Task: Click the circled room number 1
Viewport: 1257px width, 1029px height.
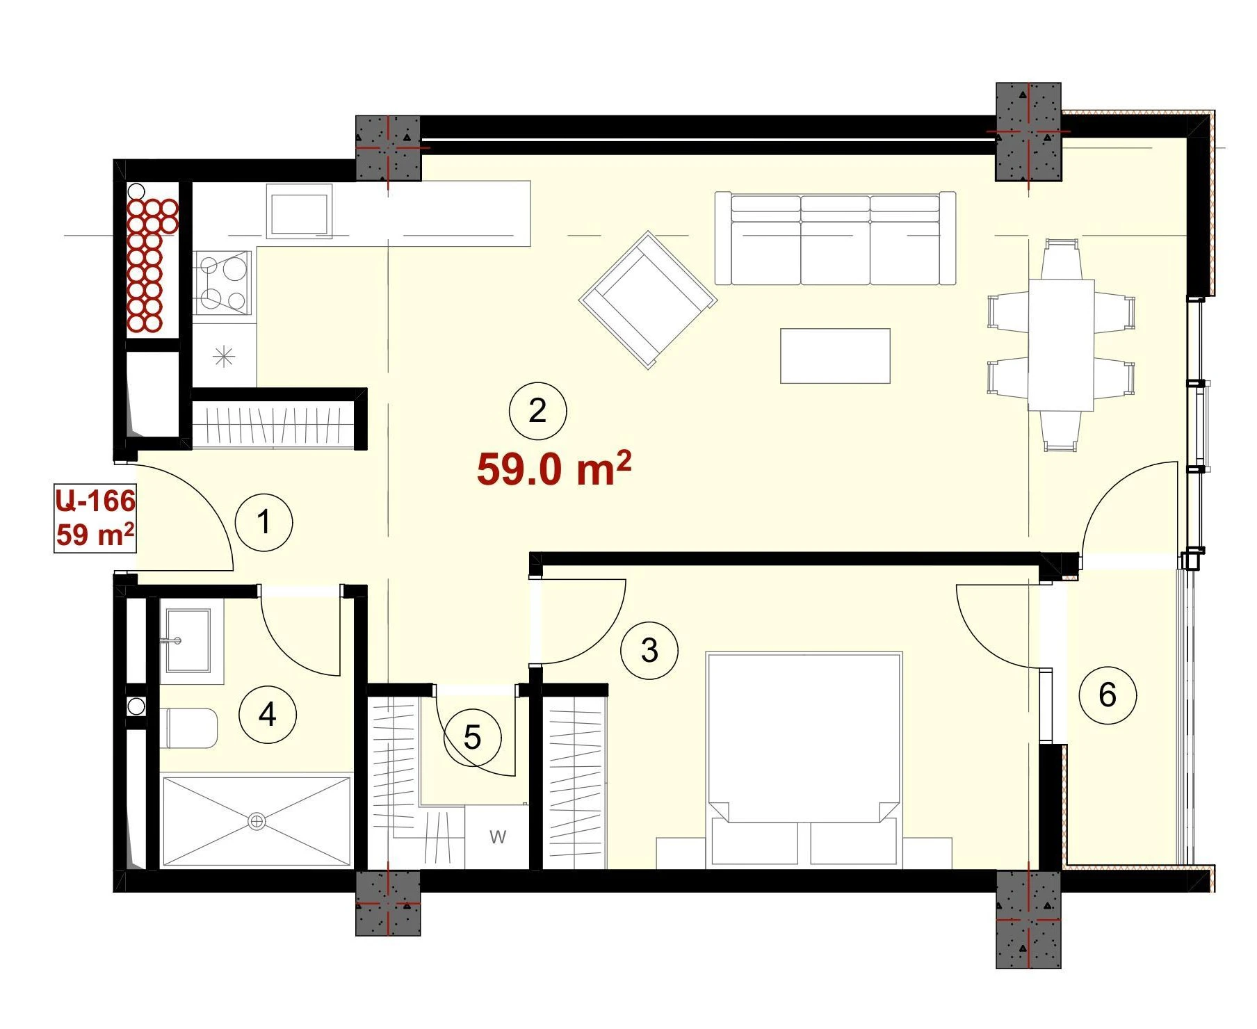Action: pyautogui.click(x=264, y=522)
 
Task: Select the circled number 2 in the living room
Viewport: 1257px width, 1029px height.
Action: pyautogui.click(x=537, y=411)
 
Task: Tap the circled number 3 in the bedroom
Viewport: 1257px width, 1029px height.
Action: pyautogui.click(x=649, y=651)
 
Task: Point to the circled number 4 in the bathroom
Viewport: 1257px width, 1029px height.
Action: pyautogui.click(x=268, y=714)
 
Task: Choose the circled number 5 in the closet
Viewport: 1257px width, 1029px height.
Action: pyautogui.click(x=473, y=737)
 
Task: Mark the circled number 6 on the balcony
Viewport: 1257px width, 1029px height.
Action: pyautogui.click(x=1108, y=695)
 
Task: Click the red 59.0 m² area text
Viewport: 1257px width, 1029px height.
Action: pyautogui.click(x=554, y=469)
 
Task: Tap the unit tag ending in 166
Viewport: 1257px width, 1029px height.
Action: pyautogui.click(x=95, y=501)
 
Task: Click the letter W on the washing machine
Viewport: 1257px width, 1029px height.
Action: pyautogui.click(x=498, y=837)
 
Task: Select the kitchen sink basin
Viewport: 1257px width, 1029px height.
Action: pyautogui.click(x=299, y=213)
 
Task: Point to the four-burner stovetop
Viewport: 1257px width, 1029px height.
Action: pyautogui.click(x=223, y=283)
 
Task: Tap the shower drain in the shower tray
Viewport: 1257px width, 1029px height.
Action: pyautogui.click(x=257, y=822)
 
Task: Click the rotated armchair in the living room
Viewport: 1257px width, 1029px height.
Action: pyautogui.click(x=648, y=300)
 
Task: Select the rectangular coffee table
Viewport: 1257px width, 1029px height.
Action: pyautogui.click(x=835, y=356)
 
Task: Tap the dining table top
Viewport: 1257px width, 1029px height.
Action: pyautogui.click(x=1062, y=346)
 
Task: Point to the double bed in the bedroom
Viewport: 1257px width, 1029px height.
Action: pyautogui.click(x=804, y=760)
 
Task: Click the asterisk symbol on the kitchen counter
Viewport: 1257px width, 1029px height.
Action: pyautogui.click(x=224, y=357)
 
